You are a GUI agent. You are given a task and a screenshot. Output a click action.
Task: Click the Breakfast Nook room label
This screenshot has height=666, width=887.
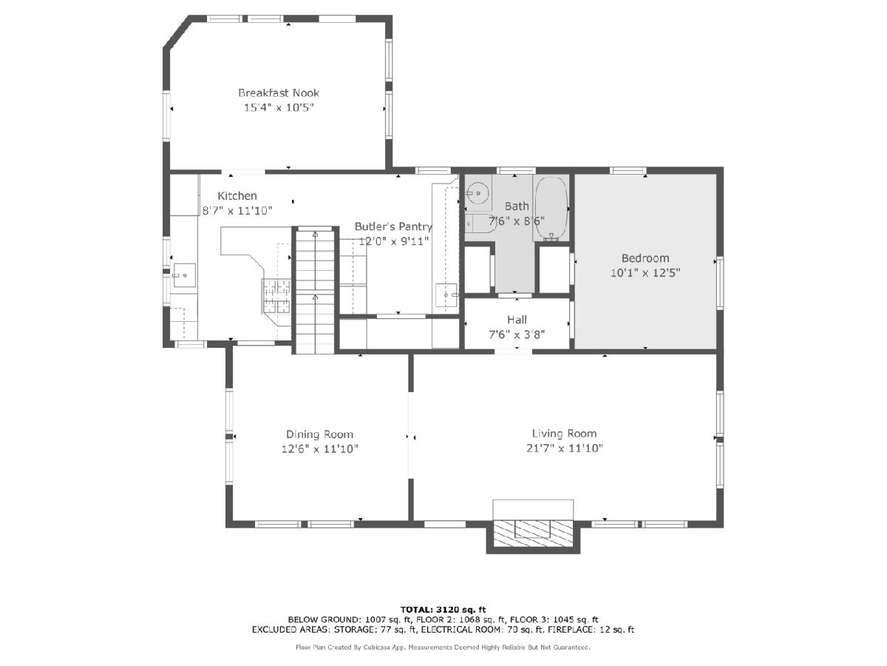coord(279,93)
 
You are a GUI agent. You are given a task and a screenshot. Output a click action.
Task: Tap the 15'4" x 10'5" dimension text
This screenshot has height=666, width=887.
coord(279,107)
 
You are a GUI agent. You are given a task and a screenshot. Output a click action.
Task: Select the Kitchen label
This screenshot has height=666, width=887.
coord(237,196)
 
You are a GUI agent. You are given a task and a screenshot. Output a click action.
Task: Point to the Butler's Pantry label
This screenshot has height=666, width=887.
coord(393,227)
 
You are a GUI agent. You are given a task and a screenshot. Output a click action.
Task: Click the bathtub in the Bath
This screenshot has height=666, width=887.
coord(551,209)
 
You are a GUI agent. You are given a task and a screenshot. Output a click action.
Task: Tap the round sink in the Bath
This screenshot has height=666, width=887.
coord(478,193)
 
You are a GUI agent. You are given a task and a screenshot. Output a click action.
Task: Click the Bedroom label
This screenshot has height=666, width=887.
coord(645,258)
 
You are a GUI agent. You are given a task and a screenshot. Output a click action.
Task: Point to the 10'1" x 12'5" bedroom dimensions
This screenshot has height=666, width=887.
coord(645,273)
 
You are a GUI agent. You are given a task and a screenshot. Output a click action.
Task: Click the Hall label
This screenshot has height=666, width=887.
coord(517,320)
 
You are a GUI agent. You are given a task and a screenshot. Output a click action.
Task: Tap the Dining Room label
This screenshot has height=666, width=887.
coord(319,434)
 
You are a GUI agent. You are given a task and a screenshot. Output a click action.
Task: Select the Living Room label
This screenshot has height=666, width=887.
coord(564,434)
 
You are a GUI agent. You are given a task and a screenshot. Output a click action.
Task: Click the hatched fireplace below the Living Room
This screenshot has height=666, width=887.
coord(534,534)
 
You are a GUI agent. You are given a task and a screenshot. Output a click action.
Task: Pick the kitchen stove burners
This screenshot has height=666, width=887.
coord(276,296)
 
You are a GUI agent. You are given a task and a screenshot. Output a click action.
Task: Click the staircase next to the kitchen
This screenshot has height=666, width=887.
coord(315,290)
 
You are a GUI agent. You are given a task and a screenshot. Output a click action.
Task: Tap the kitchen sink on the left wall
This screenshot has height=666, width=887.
coord(185,275)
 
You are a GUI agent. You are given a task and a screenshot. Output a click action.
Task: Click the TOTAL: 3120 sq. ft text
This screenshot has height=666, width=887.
coord(443,609)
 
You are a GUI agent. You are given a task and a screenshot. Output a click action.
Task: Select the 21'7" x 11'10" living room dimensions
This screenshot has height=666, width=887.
coord(564,448)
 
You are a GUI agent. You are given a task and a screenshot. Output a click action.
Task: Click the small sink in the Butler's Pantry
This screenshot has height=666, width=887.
coord(446,295)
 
